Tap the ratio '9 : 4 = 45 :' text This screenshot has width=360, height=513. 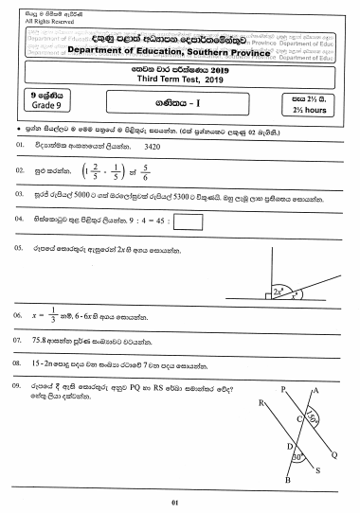point(148,222)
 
